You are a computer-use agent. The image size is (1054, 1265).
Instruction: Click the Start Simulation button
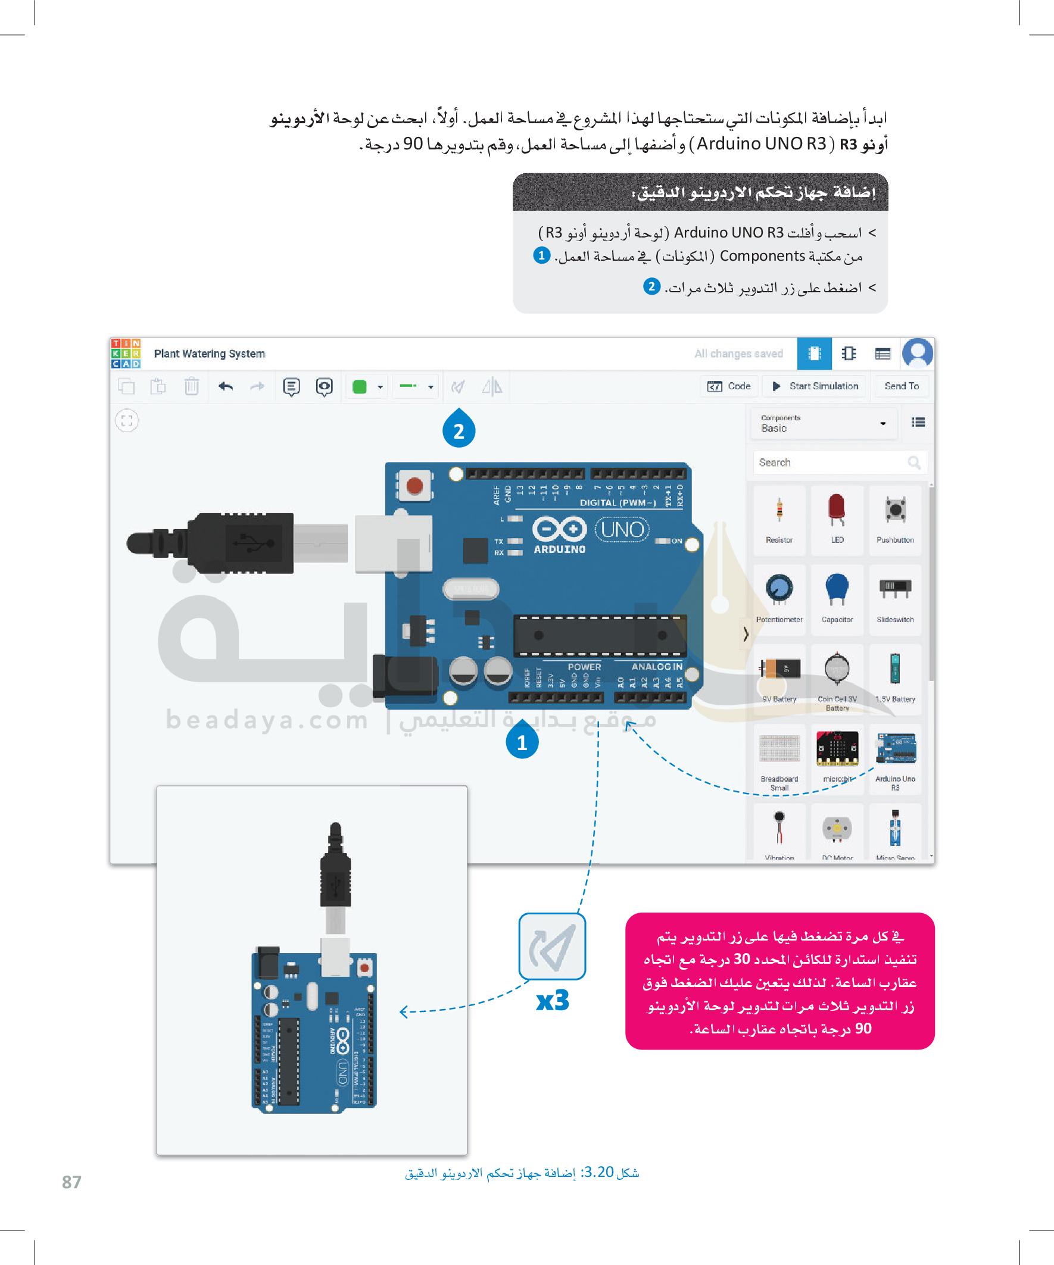pyautogui.click(x=815, y=386)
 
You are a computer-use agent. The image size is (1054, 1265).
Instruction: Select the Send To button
pyautogui.click(x=901, y=386)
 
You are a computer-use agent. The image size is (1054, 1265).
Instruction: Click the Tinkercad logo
pyautogui.click(x=125, y=353)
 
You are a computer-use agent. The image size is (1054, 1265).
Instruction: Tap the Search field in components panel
pyautogui.click(x=832, y=462)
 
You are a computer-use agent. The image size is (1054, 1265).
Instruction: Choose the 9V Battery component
pyautogui.click(x=779, y=671)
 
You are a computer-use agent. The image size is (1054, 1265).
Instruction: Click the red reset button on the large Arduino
pyautogui.click(x=414, y=486)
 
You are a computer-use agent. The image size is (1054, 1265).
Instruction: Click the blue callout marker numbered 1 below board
pyautogui.click(x=522, y=742)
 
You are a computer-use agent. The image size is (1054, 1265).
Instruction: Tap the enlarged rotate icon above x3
pyautogui.click(x=552, y=947)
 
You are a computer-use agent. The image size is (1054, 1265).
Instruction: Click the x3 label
pyautogui.click(x=552, y=1001)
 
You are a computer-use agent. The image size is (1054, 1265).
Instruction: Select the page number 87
pyautogui.click(x=71, y=1181)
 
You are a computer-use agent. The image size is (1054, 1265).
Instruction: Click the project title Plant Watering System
pyautogui.click(x=209, y=354)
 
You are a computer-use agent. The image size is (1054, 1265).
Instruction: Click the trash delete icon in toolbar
pyautogui.click(x=191, y=386)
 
